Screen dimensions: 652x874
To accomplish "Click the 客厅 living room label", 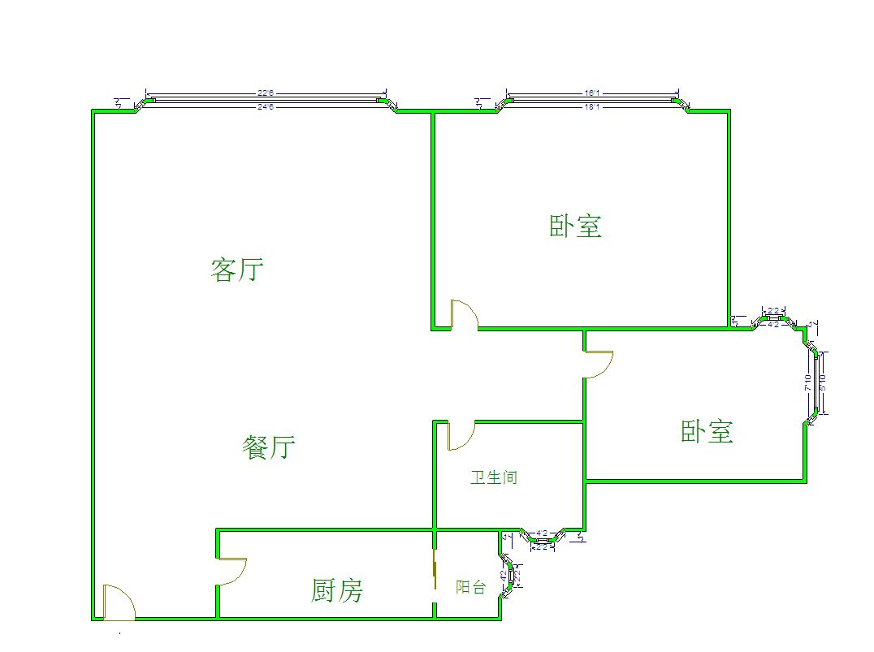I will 237,270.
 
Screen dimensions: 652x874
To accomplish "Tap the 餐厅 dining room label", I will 268,447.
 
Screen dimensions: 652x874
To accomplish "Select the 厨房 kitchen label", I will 336,590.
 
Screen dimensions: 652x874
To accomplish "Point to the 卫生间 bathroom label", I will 493,477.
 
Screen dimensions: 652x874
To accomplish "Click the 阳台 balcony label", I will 470,587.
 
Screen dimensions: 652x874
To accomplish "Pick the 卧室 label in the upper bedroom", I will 576,226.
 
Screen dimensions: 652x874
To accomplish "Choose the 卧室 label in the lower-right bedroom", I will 707,431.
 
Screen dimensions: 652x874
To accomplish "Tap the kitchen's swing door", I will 232,571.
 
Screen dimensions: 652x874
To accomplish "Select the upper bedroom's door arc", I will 465,314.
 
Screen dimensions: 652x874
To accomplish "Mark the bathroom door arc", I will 459,436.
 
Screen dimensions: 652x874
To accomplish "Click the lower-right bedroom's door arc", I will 599,365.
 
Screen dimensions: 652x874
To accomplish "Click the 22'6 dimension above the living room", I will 266,92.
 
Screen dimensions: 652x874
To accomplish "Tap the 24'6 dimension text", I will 266,106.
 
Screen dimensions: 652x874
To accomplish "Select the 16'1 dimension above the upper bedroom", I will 592,92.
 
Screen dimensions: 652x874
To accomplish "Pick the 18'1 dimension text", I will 592,106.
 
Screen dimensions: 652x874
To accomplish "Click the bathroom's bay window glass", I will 543,539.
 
